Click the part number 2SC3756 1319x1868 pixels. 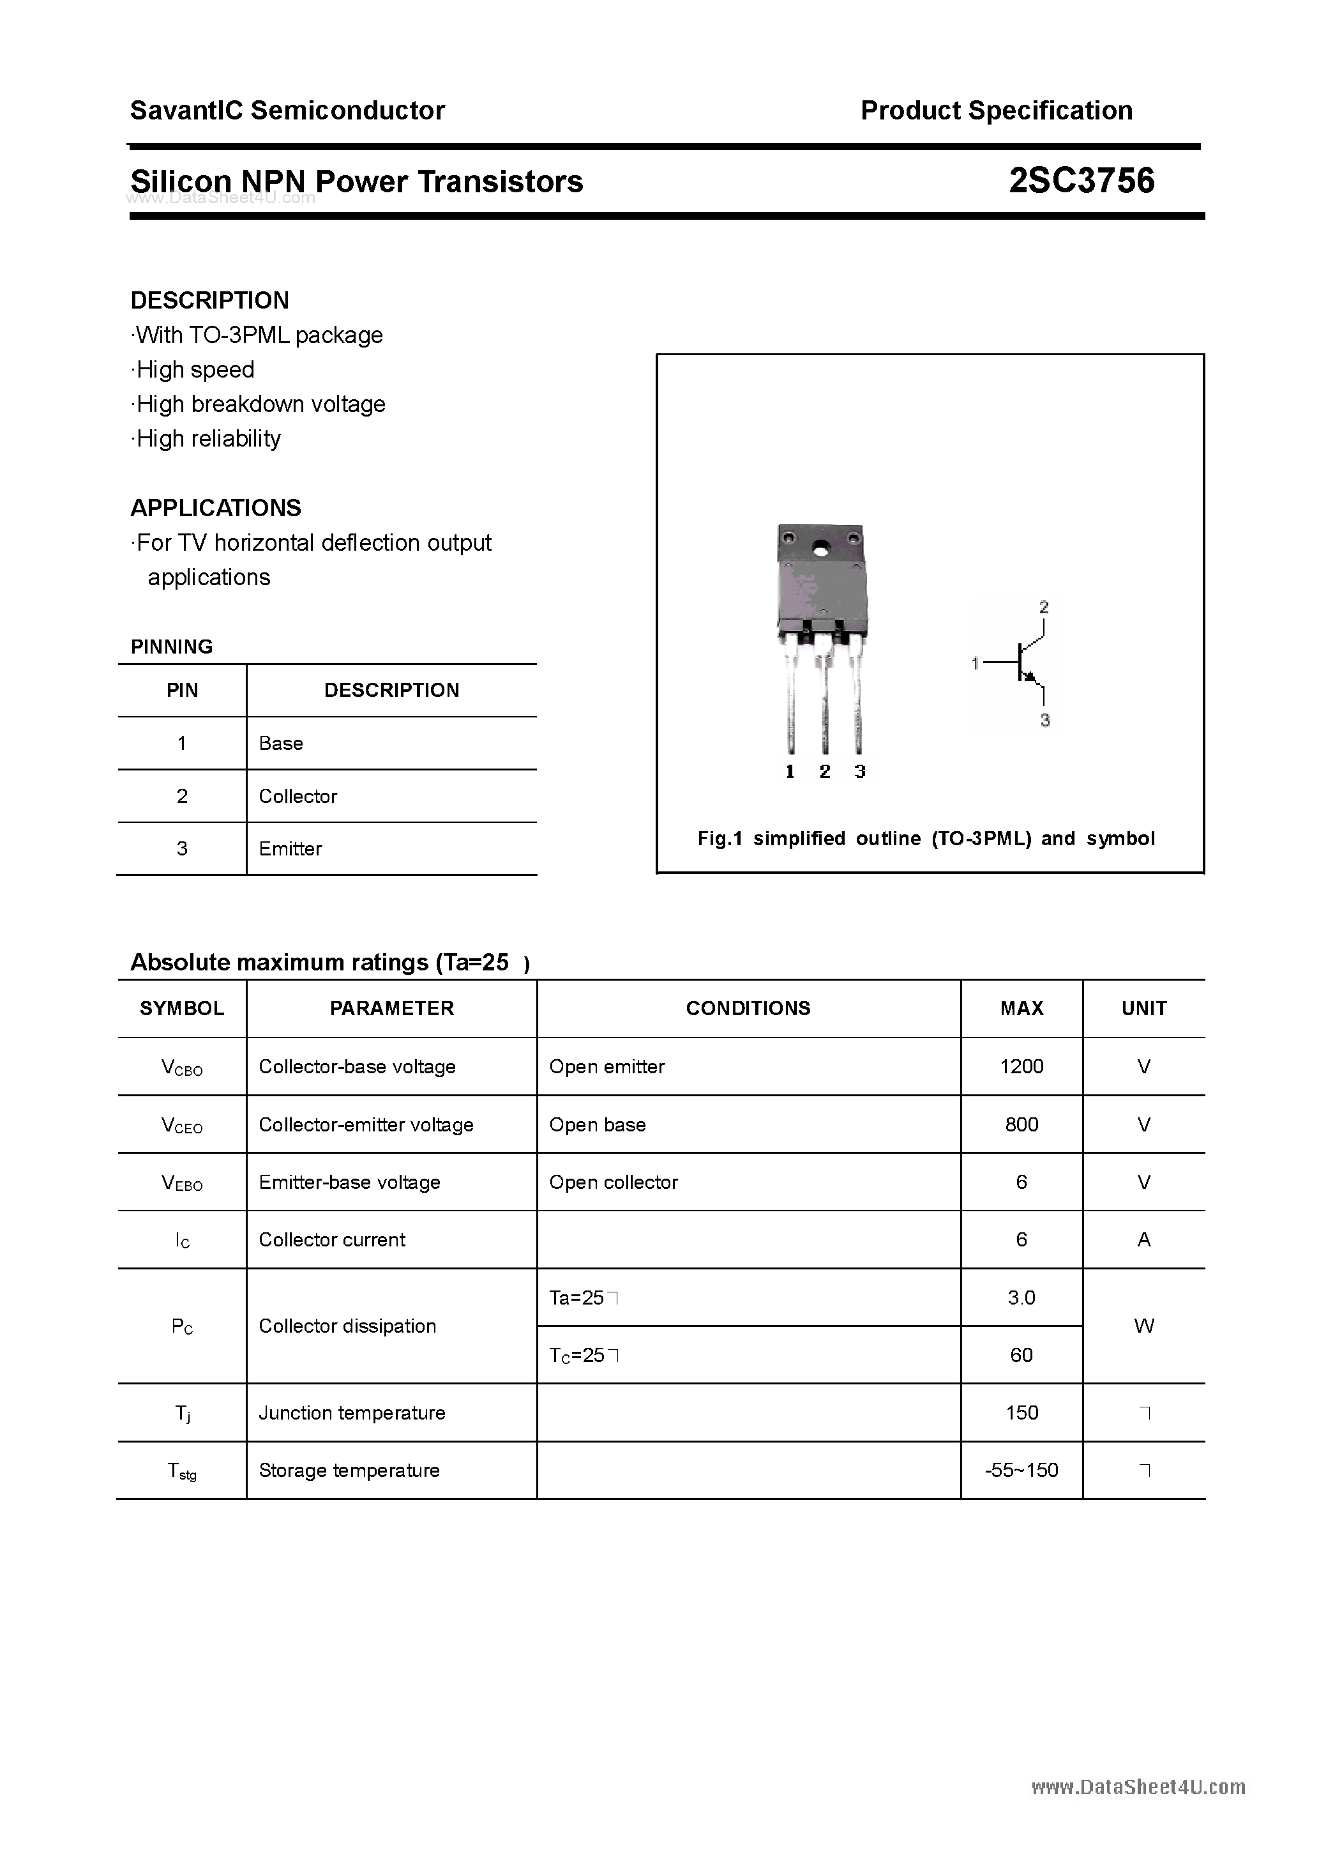[1081, 181]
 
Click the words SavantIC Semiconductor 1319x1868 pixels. [287, 111]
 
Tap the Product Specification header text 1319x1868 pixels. [996, 111]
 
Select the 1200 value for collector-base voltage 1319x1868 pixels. [1021, 1067]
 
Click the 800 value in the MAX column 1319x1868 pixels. [1021, 1124]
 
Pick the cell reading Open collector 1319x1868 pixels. [613, 1182]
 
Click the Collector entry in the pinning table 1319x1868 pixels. [298, 797]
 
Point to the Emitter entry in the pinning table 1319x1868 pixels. [290, 848]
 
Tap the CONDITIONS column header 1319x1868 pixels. [748, 1008]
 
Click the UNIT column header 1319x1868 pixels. [1143, 1008]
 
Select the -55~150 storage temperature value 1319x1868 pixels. [1021, 1470]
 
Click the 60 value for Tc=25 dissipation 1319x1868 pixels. [1021, 1354]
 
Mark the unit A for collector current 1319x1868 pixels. [1143, 1240]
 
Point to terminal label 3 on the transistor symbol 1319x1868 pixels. [1045, 720]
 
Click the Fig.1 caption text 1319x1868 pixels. [926, 839]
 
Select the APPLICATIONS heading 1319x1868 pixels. [216, 509]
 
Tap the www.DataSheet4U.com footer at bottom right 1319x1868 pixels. [1138, 1788]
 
